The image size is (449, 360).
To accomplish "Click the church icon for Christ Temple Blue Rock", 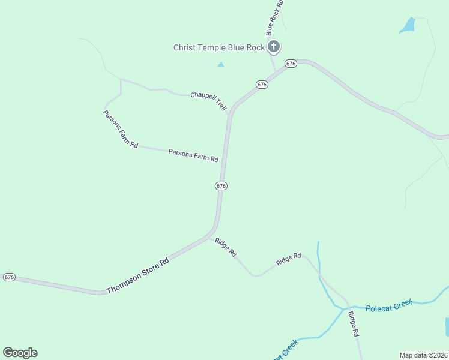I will (x=274, y=47).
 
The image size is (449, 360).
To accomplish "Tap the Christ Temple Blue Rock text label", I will (x=218, y=47).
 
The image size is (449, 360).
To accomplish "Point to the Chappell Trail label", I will (x=208, y=100).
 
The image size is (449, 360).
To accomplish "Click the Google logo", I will (x=20, y=353).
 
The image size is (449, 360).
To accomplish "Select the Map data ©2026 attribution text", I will (x=423, y=355).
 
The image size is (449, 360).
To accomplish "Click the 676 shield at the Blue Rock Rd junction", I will (x=291, y=64).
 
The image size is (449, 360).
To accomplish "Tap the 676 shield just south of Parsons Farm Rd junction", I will (x=221, y=186).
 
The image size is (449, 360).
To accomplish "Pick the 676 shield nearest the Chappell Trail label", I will (x=262, y=85).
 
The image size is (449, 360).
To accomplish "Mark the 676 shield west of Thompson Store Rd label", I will (x=9, y=277).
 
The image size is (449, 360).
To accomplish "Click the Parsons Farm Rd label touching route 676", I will (x=193, y=155).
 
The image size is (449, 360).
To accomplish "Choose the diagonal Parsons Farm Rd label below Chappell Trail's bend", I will (x=121, y=129).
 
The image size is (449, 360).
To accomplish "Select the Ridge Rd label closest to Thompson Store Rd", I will (x=226, y=247).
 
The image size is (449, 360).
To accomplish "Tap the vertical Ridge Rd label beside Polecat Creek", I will (x=355, y=323).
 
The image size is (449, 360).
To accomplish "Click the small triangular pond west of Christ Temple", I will (x=221, y=64).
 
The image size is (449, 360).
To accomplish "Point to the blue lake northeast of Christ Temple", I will (x=408, y=25).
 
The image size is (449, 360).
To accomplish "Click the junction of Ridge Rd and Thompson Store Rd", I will (x=210, y=235).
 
